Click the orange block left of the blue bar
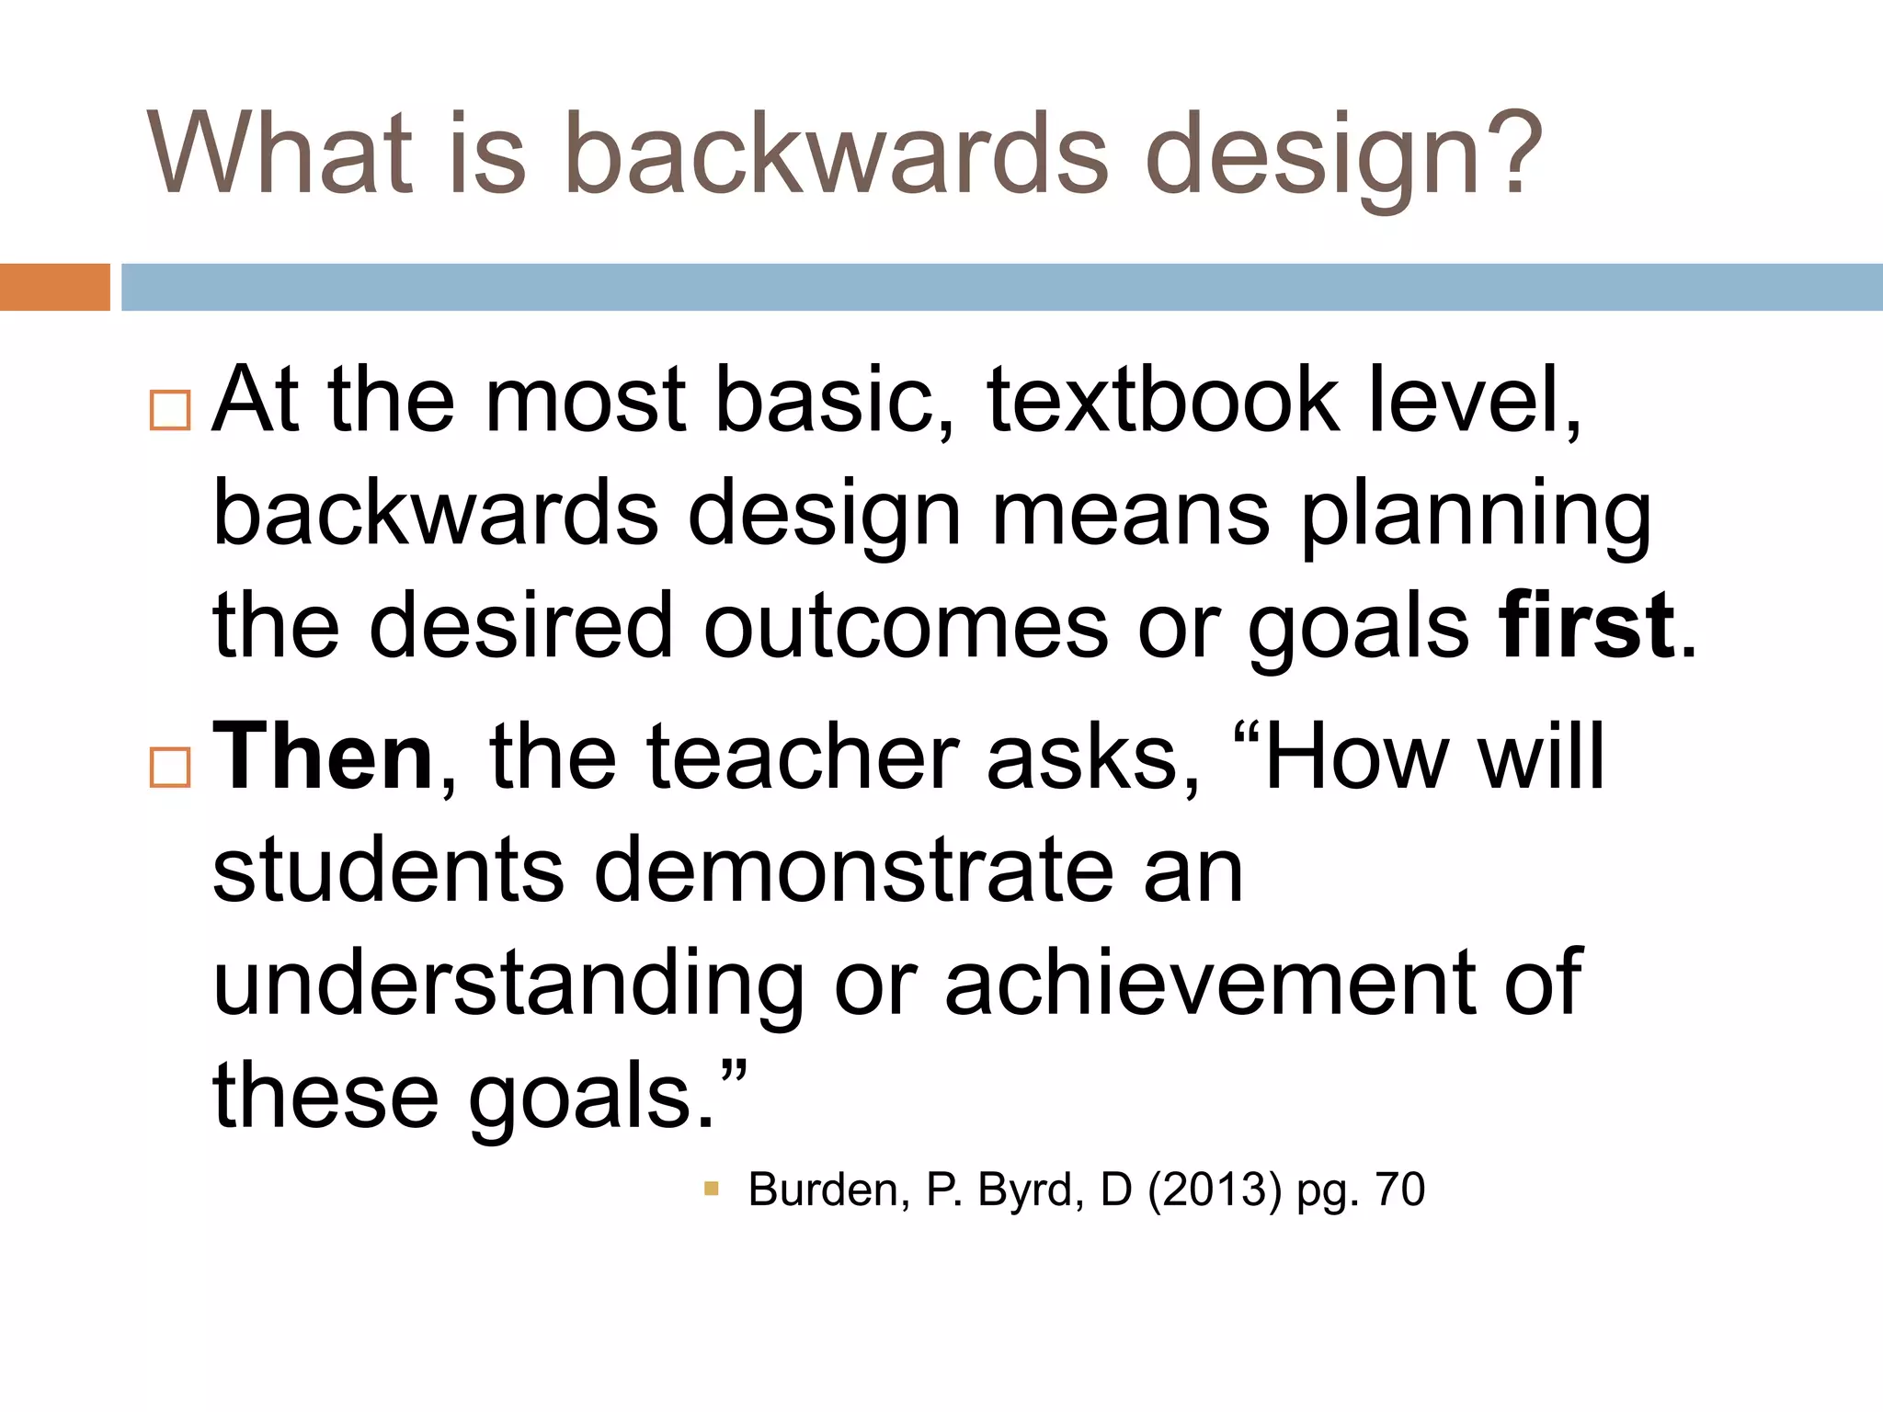[54, 287]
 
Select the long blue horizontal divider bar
[1001, 287]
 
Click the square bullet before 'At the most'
[170, 410]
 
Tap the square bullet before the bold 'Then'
[170, 767]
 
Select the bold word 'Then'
[323, 757]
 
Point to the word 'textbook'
[1163, 401]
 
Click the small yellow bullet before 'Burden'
[711, 1189]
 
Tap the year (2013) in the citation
[1214, 1190]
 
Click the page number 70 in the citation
[1399, 1189]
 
